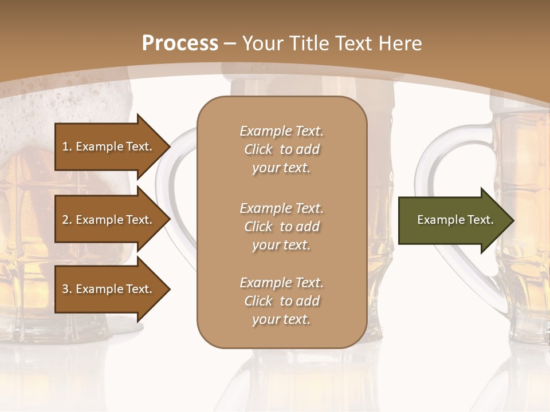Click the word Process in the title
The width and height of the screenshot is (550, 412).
pyautogui.click(x=180, y=43)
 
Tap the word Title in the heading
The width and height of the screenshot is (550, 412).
pyautogui.click(x=305, y=43)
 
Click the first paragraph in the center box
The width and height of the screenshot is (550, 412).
pyautogui.click(x=281, y=149)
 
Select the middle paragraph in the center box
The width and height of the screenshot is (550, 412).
pyautogui.click(x=281, y=227)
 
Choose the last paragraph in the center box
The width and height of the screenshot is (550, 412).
pyautogui.click(x=281, y=301)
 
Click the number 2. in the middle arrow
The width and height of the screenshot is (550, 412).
pyautogui.click(x=66, y=220)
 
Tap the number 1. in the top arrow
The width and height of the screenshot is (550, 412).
pyautogui.click(x=66, y=146)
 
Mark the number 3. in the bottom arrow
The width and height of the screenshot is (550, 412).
pyautogui.click(x=66, y=289)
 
